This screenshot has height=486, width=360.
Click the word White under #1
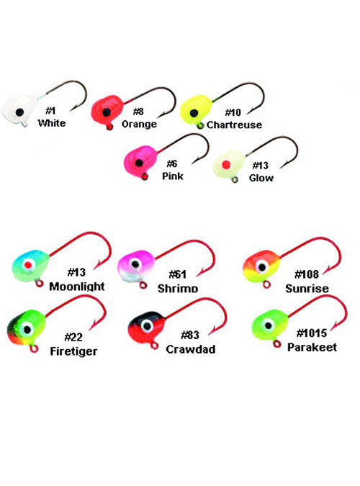pos(52,123)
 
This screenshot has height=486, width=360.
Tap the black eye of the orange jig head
pos(107,112)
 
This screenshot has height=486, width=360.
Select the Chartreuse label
pos(234,125)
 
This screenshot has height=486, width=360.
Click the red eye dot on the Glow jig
pos(226,165)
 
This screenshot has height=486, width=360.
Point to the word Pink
pos(173,176)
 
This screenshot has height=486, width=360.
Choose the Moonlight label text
pos(77,287)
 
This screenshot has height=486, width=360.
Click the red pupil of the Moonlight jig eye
pos(28,265)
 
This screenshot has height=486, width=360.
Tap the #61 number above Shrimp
pos(178,274)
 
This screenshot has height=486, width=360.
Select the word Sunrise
pos(307,289)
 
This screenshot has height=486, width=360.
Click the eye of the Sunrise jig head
pos(262,266)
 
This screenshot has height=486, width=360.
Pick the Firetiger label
pos(73,351)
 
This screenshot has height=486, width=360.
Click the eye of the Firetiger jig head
pos(27,328)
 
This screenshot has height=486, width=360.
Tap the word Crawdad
pos(191,349)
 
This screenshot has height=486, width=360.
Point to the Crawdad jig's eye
pos(147,325)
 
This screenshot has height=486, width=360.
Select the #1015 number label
pos(312,333)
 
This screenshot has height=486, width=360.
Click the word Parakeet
pos(312,347)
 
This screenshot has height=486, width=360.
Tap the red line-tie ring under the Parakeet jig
pos(277,343)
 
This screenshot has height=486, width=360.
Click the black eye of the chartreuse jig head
pos(194,113)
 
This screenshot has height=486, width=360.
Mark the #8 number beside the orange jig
pos(138,112)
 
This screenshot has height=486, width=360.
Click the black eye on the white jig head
pos(19,112)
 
